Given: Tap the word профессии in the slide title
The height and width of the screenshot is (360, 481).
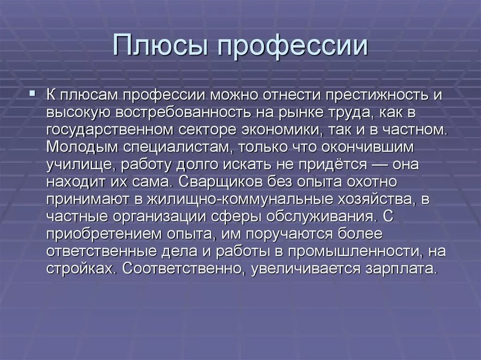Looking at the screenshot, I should (x=289, y=46).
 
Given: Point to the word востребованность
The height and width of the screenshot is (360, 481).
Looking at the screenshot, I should (x=209, y=112).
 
